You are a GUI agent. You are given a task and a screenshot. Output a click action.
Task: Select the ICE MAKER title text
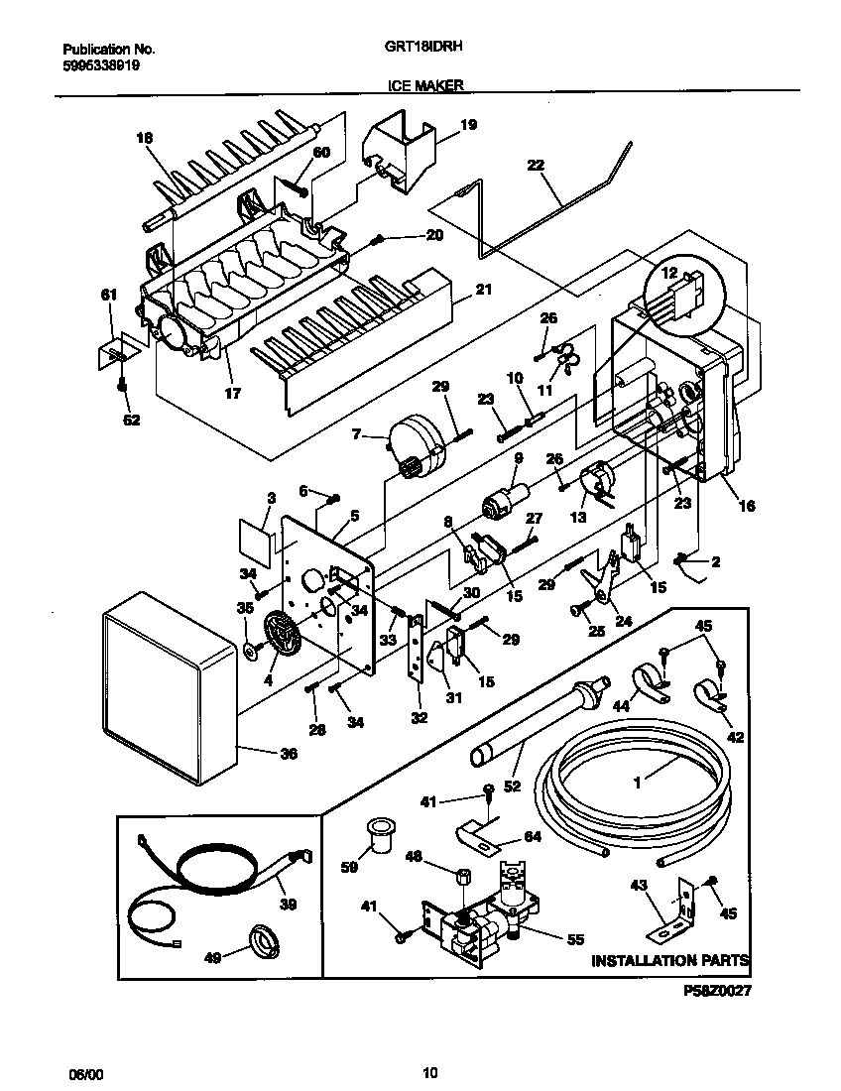(x=425, y=86)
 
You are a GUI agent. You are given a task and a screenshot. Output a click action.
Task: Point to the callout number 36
(x=288, y=753)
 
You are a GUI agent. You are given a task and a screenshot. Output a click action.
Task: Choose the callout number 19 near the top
(x=468, y=125)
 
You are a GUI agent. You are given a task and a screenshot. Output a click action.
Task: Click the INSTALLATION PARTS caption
(x=669, y=960)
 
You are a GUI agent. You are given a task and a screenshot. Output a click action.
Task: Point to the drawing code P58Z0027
(x=718, y=990)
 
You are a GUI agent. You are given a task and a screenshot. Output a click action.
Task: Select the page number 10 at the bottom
(x=428, y=1072)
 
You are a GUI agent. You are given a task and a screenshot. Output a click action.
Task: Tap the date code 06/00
(x=85, y=1072)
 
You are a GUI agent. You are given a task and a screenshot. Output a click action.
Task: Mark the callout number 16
(x=746, y=506)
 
